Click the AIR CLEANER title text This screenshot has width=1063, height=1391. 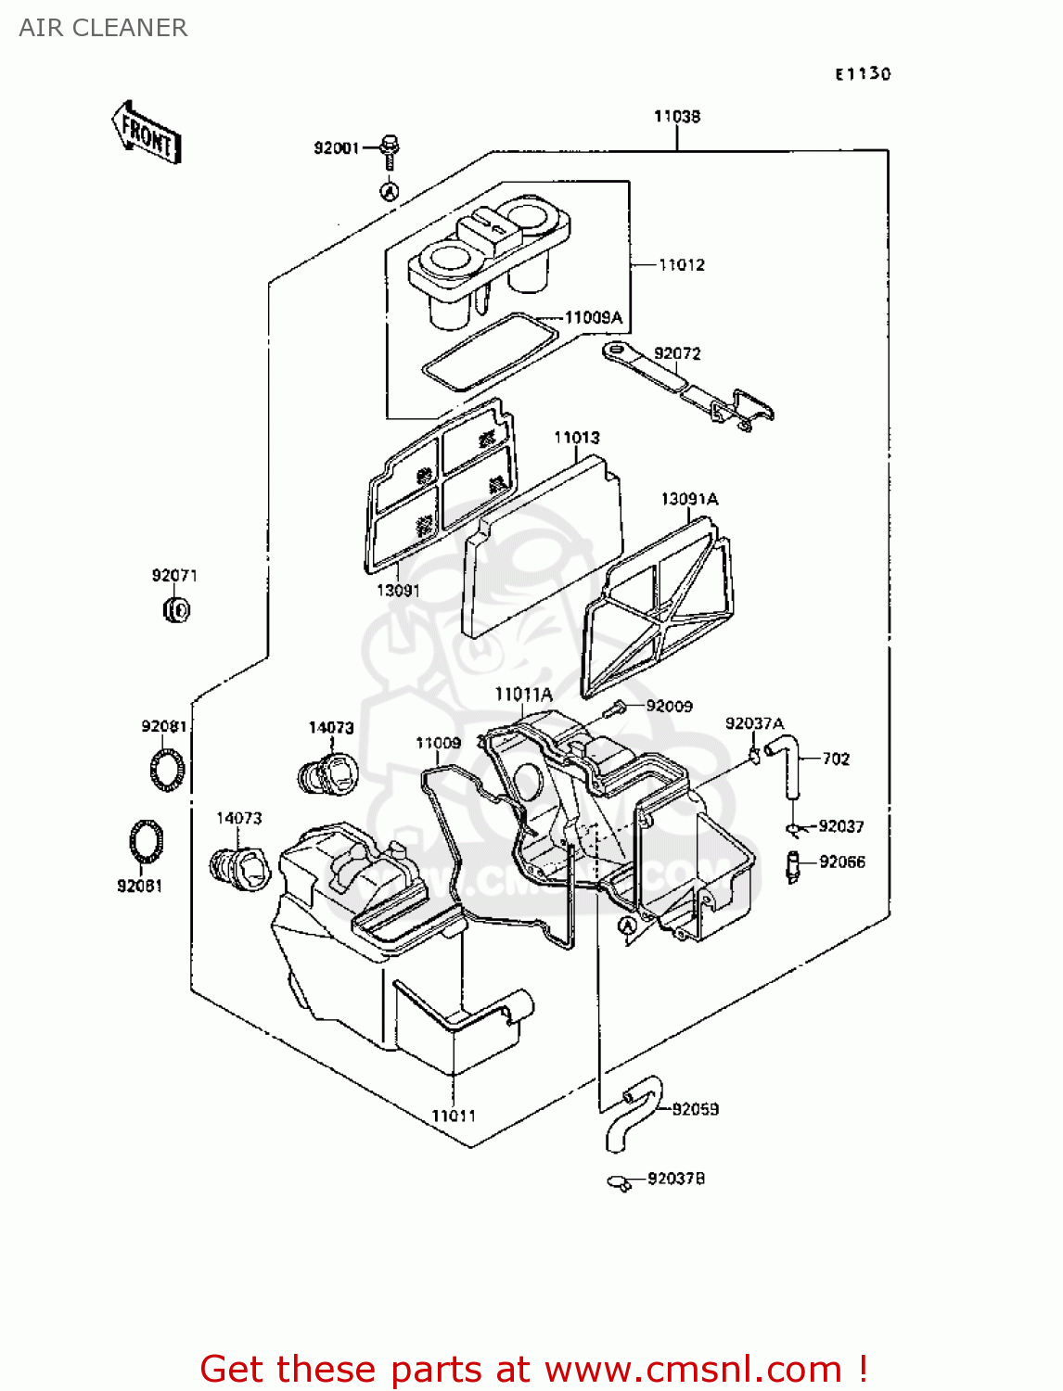[103, 28]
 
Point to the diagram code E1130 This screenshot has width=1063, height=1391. [863, 74]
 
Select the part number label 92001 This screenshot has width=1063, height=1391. [336, 148]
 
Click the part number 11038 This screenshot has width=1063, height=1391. [677, 117]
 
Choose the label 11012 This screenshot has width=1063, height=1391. [682, 265]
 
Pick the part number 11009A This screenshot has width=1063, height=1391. [594, 318]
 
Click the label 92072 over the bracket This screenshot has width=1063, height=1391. [677, 354]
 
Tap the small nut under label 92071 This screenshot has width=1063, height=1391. [176, 609]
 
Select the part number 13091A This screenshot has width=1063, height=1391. [689, 499]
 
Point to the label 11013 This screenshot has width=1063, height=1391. [577, 438]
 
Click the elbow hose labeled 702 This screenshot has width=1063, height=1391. [785, 760]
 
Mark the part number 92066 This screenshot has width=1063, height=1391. [842, 862]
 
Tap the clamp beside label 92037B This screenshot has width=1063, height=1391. [620, 1182]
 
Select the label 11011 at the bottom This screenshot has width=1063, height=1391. [454, 1117]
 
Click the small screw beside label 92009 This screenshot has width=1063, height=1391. [613, 709]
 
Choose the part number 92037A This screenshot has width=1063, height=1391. [754, 723]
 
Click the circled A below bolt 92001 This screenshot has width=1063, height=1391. [391, 191]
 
